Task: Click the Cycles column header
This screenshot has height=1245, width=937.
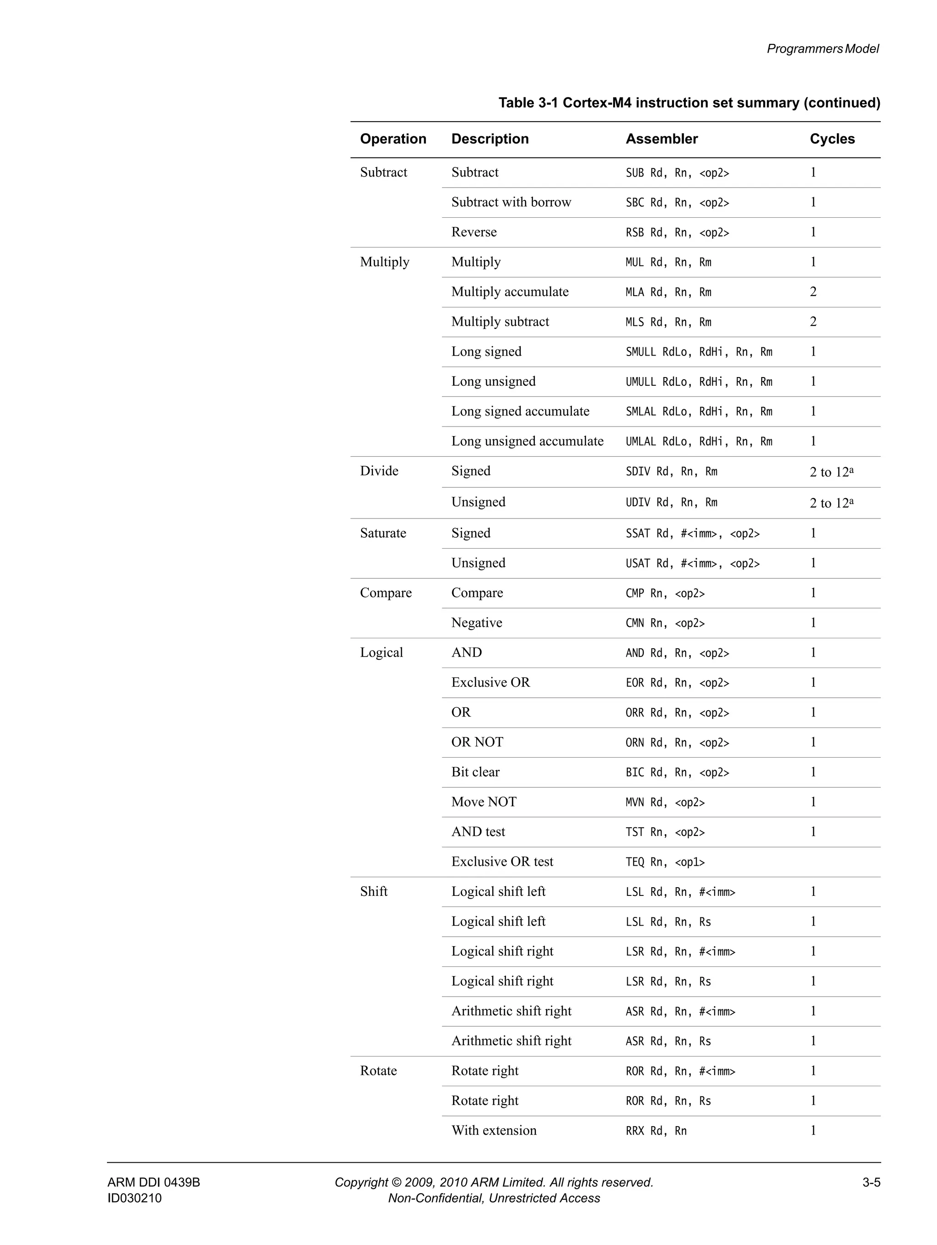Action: click(832, 139)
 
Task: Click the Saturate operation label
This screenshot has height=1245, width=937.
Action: click(382, 533)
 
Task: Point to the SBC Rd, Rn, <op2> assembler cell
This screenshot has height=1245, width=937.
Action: click(677, 203)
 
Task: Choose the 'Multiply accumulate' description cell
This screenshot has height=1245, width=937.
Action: click(509, 291)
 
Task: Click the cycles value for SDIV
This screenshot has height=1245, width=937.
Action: click(831, 472)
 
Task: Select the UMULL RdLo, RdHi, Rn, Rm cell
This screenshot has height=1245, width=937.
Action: click(698, 382)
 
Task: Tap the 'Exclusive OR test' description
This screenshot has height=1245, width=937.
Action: click(502, 861)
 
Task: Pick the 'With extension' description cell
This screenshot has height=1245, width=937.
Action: click(494, 1130)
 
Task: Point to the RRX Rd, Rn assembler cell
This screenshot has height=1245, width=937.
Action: click(656, 1131)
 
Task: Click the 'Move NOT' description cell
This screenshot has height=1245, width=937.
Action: click(484, 802)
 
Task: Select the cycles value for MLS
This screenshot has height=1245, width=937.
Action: click(813, 321)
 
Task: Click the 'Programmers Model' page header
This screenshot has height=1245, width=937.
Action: click(822, 49)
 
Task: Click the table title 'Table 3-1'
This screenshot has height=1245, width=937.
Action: click(689, 103)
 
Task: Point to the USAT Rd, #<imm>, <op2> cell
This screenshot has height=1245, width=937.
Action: click(692, 563)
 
